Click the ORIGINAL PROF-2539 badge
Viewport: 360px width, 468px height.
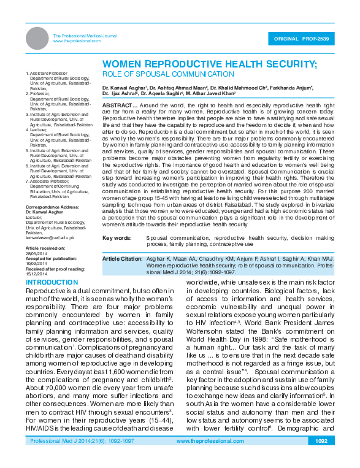coord(302,38)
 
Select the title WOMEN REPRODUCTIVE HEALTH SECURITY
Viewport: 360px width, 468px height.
coord(209,64)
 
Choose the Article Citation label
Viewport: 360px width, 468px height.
coord(123,259)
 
